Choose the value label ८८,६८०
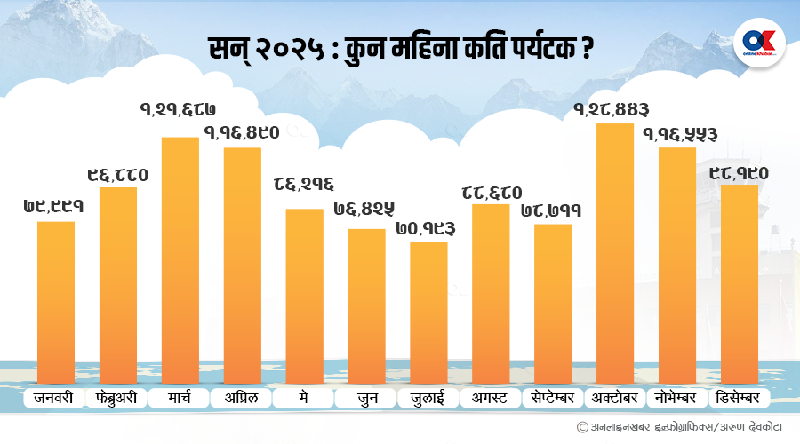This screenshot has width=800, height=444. pos(491,191)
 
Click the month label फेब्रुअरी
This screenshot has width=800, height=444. pos(117,397)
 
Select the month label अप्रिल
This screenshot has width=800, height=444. pos(241,397)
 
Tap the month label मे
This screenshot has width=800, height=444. pos(304,397)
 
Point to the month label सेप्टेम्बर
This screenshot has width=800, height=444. pos(552,397)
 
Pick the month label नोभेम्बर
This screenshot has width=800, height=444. pos(677,397)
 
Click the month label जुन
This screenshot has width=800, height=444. pos(365,397)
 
